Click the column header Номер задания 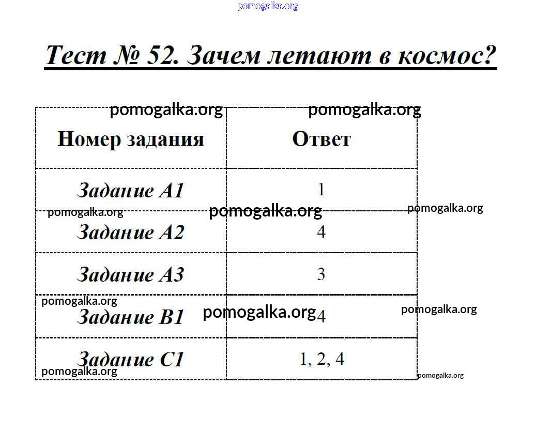[x=131, y=139]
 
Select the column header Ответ [x=322, y=139]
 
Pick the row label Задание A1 [x=131, y=190]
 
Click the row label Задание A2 [x=131, y=232]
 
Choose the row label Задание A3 [x=131, y=274]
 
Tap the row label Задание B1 [x=131, y=317]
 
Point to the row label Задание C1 [x=131, y=359]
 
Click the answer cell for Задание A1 [x=321, y=189]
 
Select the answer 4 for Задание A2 [x=321, y=231]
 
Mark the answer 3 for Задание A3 [x=321, y=274]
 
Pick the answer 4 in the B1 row [x=321, y=316]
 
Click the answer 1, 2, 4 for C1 [x=322, y=359]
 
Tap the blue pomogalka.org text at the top [x=268, y=6]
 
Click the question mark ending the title [x=490, y=55]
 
